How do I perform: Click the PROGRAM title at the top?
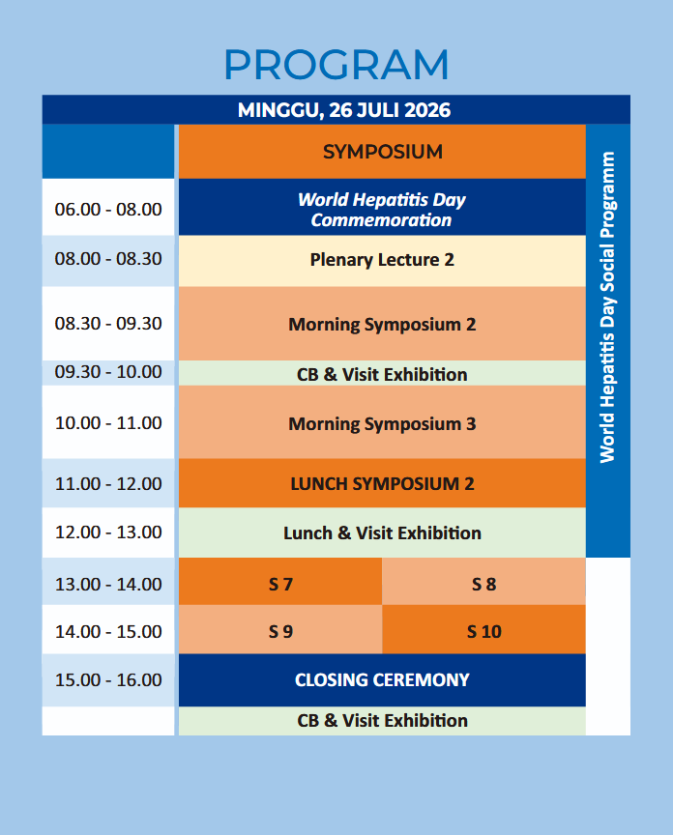(336, 65)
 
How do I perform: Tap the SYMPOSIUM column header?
(382, 152)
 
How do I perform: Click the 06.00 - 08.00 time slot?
(108, 209)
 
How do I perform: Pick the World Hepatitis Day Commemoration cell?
(382, 210)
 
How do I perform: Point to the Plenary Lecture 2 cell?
(382, 260)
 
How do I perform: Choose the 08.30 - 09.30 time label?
(108, 324)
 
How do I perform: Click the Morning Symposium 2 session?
(382, 325)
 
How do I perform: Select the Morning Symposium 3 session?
(382, 423)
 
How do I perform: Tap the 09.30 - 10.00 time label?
(108, 372)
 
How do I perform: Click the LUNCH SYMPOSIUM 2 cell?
(382, 483)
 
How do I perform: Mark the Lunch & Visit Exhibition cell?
(382, 533)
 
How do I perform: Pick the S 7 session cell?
(280, 584)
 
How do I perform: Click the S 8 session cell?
(483, 584)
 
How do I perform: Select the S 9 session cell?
(280, 631)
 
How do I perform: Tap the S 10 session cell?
(483, 631)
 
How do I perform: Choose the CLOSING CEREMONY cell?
(382, 679)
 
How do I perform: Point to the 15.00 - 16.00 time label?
(108, 679)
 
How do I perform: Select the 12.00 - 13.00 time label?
(108, 533)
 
